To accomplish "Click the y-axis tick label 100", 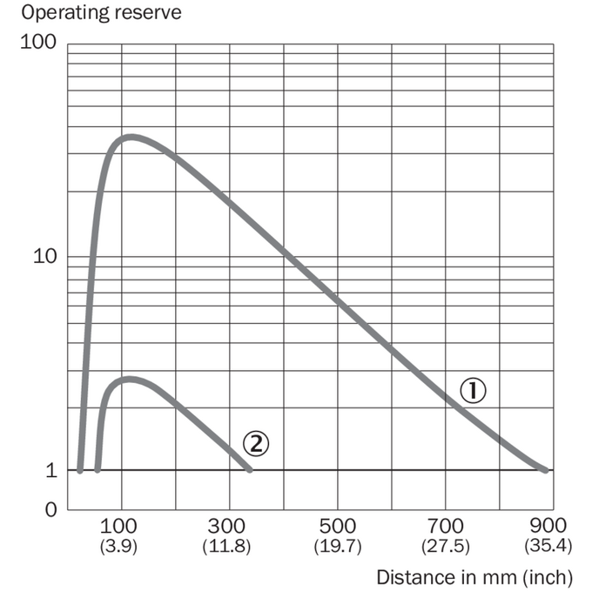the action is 38,42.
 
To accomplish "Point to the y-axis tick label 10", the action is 45,256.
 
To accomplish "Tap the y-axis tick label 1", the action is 51,470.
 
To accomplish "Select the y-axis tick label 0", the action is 51,509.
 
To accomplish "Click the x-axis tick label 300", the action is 226,527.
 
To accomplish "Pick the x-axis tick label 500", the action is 338,527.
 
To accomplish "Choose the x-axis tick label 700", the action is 446,527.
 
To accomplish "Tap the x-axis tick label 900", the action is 548,526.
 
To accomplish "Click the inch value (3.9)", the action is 118,547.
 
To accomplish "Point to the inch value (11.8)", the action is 226,547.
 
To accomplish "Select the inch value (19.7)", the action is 338,547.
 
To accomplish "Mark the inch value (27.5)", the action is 446,547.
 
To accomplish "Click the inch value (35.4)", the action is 548,546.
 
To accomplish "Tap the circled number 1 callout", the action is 473,390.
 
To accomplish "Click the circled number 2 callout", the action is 256,443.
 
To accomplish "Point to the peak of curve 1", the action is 131,137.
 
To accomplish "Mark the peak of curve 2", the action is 130,379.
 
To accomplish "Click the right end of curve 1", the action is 546,470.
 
